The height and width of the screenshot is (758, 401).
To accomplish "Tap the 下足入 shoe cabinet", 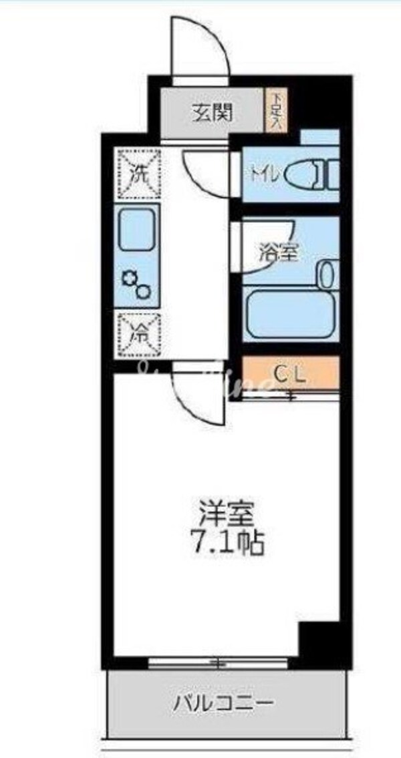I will click(275, 111).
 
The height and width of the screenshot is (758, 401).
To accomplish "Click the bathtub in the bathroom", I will click(289, 314).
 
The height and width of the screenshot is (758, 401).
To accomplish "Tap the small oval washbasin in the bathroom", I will click(326, 274).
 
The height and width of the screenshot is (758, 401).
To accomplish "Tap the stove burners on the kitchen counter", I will click(138, 283).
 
